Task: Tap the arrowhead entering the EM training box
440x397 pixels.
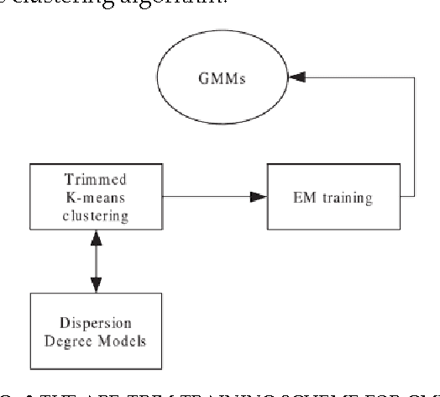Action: (x=260, y=198)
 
